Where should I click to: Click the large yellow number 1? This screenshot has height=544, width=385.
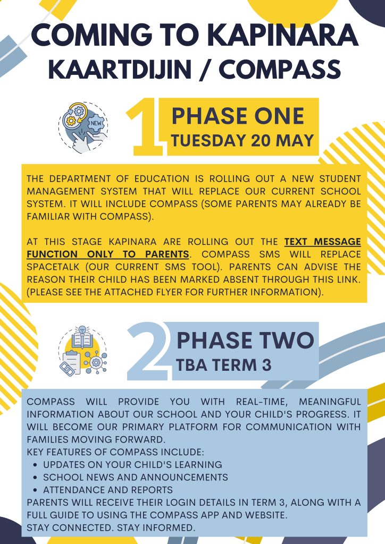(x=146, y=126)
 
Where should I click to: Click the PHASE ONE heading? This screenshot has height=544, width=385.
(x=238, y=116)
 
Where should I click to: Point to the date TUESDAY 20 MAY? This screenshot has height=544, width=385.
(x=242, y=140)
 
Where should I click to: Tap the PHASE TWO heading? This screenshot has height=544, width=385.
(x=245, y=341)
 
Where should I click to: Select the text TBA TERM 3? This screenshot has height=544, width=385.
(x=223, y=365)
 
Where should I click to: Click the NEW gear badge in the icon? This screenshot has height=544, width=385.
(x=96, y=123)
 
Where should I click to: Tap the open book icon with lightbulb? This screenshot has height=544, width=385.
(x=82, y=338)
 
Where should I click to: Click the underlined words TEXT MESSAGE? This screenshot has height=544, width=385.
(x=322, y=242)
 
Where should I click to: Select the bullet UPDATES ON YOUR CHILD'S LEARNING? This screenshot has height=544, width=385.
(x=132, y=464)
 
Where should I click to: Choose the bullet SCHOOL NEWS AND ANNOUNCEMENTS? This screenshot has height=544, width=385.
(x=136, y=477)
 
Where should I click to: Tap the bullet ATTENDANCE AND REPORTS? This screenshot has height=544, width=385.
(x=108, y=490)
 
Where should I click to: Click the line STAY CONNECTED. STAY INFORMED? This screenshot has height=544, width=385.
(x=111, y=528)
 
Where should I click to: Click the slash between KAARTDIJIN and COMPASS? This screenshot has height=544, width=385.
(x=205, y=70)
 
